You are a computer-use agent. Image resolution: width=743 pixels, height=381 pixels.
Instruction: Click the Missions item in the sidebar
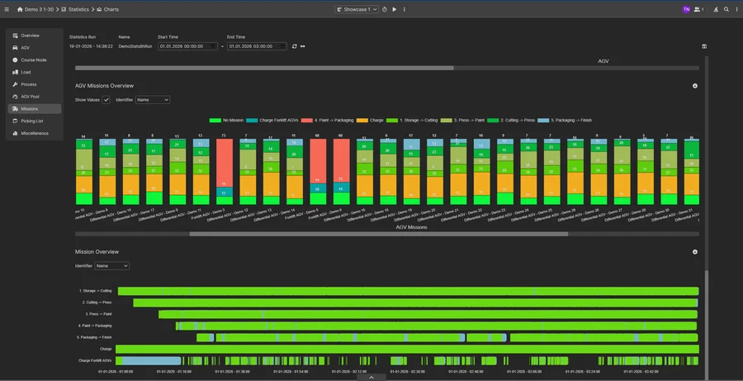pos(30,108)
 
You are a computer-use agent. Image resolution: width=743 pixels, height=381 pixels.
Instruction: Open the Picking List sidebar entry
pos(32,121)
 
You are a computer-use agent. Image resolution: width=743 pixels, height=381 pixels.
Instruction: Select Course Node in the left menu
pos(34,60)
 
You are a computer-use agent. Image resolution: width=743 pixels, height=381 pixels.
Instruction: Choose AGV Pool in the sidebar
pos(31,96)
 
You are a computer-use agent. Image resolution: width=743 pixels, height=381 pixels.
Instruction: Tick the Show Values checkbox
pos(106,100)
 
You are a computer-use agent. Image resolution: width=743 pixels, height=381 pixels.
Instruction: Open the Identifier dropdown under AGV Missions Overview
pos(153,100)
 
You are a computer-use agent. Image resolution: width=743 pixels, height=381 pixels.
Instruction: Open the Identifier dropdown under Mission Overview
pos(112,266)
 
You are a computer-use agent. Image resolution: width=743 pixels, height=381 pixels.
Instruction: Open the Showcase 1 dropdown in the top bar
pos(357,9)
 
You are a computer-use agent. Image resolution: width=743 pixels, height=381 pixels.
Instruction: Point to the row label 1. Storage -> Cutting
pos(96,291)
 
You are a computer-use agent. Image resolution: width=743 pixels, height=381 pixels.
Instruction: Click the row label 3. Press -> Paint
pos(98,314)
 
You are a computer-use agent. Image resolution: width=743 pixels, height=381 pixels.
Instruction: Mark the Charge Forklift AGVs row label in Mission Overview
pos(95,360)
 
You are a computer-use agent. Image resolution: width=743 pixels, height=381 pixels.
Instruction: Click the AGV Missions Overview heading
pos(104,86)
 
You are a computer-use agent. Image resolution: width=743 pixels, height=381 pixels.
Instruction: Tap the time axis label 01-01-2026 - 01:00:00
pos(116,371)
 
